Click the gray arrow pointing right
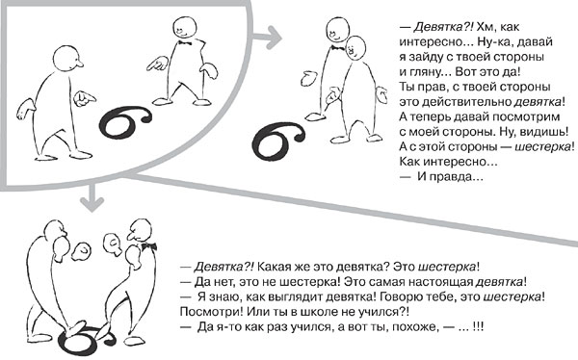(x=267, y=38)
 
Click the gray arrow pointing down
(x=92, y=197)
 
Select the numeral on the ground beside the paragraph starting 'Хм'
(x=278, y=141)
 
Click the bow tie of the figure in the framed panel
(x=184, y=43)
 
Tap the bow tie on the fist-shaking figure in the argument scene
(x=148, y=246)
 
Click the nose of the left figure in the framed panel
(x=79, y=65)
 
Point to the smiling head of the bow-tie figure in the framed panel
(x=184, y=28)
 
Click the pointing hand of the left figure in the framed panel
(x=85, y=99)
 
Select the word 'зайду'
(x=425, y=57)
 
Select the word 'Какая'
(x=272, y=266)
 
